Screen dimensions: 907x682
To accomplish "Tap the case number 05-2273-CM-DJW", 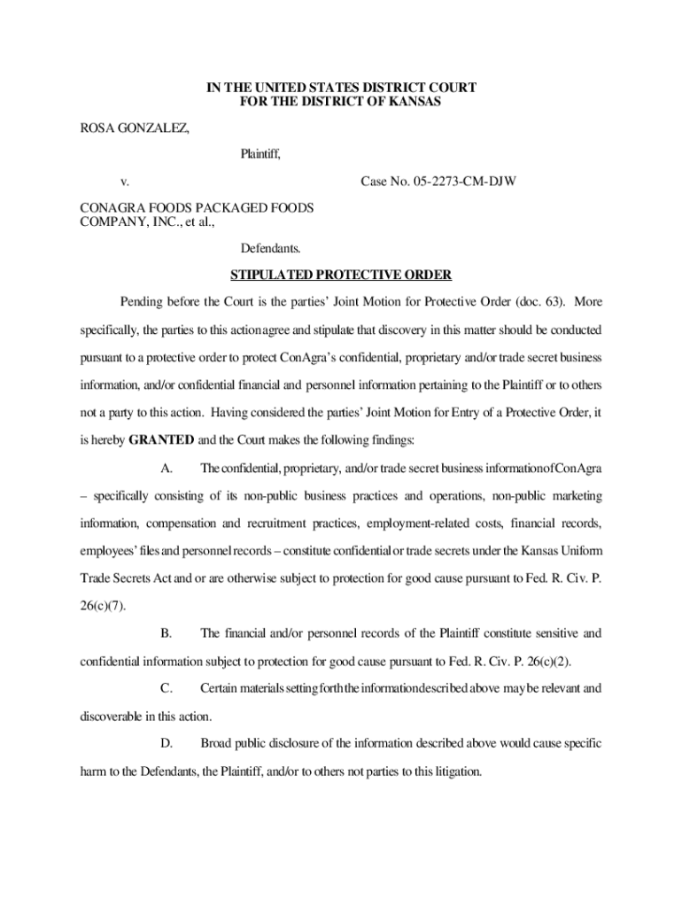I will [438, 182].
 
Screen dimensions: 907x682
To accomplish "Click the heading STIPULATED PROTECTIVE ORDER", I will [341, 275].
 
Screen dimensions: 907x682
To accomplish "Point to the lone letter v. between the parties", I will [126, 182].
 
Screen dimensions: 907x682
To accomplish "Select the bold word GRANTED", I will [161, 439].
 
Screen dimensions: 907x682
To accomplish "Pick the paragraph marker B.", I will [166, 633].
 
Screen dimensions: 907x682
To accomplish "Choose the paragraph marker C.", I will [166, 688].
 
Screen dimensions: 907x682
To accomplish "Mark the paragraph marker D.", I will [166, 743].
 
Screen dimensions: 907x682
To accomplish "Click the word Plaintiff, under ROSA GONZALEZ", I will [260, 156].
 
